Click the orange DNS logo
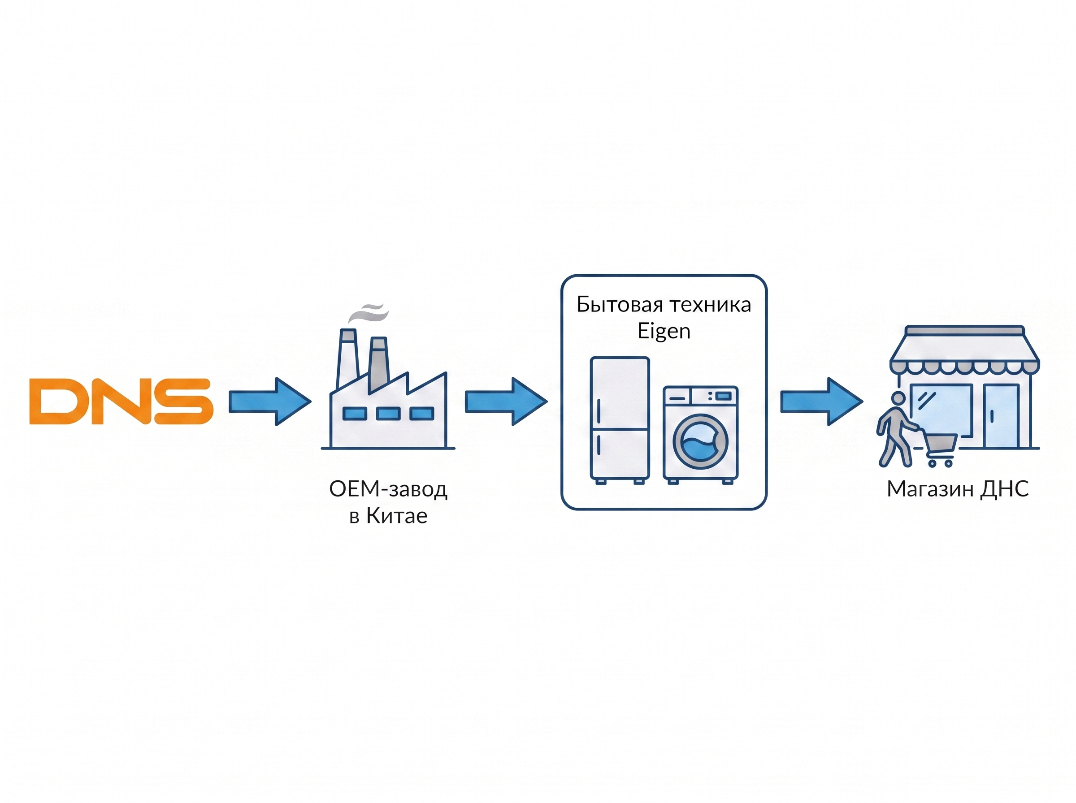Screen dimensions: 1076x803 coord(121,401)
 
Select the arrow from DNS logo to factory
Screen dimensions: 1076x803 coord(269,401)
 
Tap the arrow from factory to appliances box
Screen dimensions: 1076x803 coord(506,401)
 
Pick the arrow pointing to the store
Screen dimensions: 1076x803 coord(821,401)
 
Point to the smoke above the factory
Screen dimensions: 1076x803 coord(368,313)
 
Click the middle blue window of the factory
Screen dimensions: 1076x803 coord(388,414)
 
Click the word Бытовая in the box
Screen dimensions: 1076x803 coord(620,305)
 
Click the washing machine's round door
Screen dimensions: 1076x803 coord(700,441)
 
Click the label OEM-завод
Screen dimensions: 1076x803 coord(388,489)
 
